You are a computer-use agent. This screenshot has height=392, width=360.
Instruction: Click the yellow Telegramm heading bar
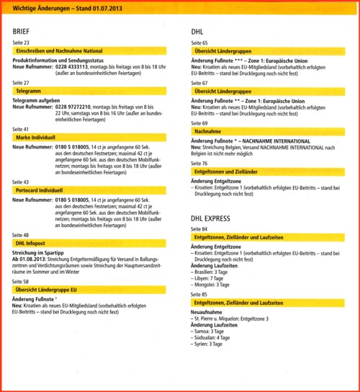point(94,92)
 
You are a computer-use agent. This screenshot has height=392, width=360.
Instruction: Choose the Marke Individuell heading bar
point(94,137)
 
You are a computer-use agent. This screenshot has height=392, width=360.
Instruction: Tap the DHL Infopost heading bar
point(94,244)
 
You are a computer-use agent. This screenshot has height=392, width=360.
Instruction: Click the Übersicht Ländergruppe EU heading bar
point(94,289)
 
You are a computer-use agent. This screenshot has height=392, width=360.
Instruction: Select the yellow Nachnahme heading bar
point(269,131)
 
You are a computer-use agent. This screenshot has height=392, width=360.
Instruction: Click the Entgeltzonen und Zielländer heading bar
point(269,172)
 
